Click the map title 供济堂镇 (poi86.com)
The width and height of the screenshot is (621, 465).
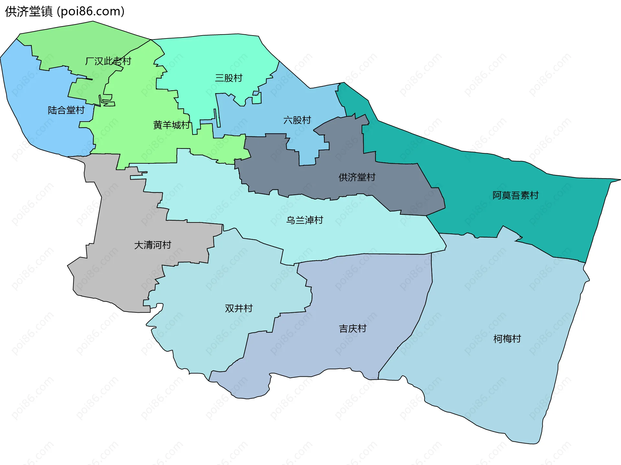click(x=65, y=12)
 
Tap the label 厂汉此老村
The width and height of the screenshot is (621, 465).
click(x=108, y=61)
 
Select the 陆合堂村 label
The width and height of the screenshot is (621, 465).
click(x=66, y=110)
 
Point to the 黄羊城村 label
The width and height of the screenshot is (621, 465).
click(x=171, y=125)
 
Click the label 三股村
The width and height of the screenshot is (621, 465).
click(x=229, y=78)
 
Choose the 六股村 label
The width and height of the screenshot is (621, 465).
click(x=297, y=120)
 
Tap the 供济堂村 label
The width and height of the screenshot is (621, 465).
click(x=357, y=177)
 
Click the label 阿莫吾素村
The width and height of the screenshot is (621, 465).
click(x=515, y=195)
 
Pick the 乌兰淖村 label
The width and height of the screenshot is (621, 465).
click(x=305, y=220)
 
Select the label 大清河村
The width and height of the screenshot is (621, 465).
click(x=152, y=245)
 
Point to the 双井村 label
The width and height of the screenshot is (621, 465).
click(x=239, y=308)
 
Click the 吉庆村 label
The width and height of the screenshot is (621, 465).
click(x=353, y=329)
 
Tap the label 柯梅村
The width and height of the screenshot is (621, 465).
click(x=507, y=339)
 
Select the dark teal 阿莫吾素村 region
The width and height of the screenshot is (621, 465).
click(x=550, y=220)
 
